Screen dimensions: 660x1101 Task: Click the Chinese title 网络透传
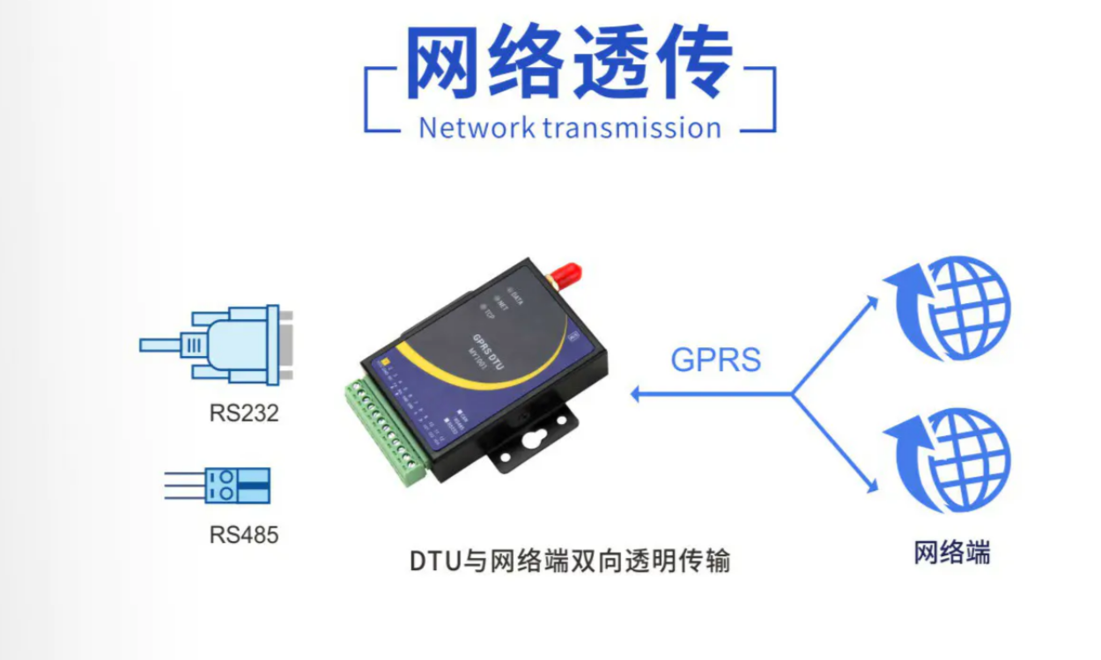pyautogui.click(x=569, y=63)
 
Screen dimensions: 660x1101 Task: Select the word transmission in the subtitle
pyautogui.click(x=632, y=128)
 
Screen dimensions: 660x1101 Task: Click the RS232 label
pyautogui.click(x=244, y=413)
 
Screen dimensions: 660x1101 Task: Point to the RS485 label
pyautogui.click(x=244, y=534)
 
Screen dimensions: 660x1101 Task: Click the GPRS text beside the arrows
pyautogui.click(x=716, y=360)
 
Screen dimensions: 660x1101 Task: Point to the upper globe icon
pyautogui.click(x=950, y=308)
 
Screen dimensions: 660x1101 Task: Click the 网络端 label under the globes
pyautogui.click(x=952, y=553)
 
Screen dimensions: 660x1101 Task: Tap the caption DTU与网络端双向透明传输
pyautogui.click(x=570, y=561)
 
